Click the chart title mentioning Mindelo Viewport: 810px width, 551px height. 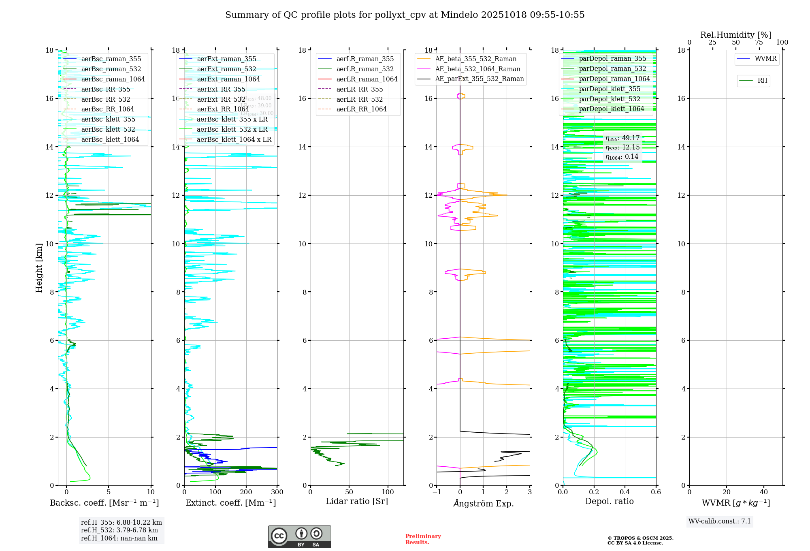click(405, 15)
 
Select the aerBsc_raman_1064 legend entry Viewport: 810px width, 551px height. click(113, 79)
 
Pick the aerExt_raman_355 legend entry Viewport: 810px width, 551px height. click(226, 59)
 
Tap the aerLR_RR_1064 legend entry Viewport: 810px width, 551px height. click(361, 109)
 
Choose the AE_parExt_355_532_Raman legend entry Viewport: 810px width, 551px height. click(479, 79)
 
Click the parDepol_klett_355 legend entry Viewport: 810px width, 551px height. click(610, 89)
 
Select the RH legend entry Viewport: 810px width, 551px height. click(762, 81)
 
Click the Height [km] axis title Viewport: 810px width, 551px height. click(39, 267)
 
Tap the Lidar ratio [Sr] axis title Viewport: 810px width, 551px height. click(357, 501)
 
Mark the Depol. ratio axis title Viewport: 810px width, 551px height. click(609, 501)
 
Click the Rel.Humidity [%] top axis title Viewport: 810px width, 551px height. click(735, 35)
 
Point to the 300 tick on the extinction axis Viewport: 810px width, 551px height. click(277, 492)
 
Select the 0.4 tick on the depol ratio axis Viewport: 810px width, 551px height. click(625, 492)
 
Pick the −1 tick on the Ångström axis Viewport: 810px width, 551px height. click(437, 492)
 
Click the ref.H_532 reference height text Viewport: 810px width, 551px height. click(119, 530)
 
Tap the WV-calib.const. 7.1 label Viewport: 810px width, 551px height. click(720, 521)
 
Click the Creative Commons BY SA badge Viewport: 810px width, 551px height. click(299, 537)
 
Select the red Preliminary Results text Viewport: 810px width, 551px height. click(423, 539)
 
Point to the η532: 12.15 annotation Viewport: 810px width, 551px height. click(622, 147)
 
